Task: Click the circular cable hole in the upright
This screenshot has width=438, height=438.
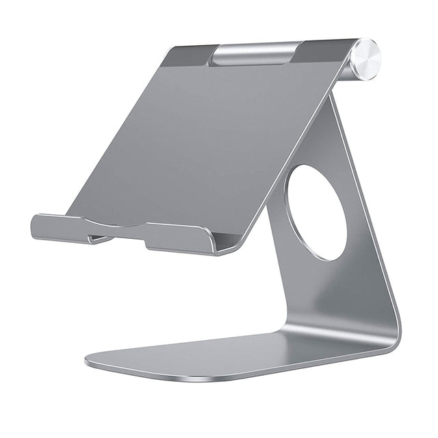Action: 316,212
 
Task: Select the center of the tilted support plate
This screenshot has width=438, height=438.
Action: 198,144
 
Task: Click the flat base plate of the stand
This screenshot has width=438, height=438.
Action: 226,356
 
